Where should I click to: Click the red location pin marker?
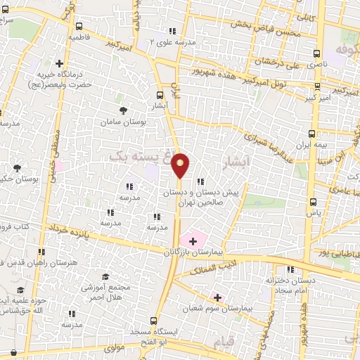coord(181,165)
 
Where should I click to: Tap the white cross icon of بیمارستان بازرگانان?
coord(193,241)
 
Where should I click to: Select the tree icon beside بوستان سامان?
coord(124,110)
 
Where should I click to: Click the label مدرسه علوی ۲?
coord(172,41)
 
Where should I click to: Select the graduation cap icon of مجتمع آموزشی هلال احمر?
coord(105,277)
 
